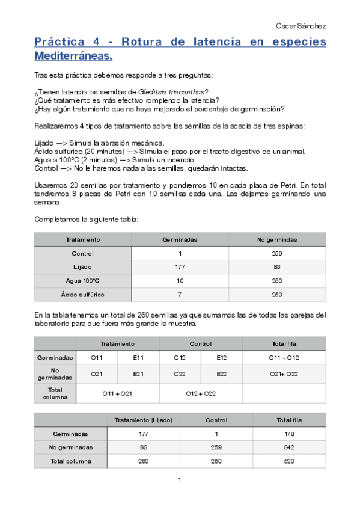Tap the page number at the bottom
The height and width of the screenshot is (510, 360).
pos(179,480)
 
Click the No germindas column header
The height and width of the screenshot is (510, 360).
pos(276,239)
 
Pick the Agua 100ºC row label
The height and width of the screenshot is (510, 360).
pos(82,281)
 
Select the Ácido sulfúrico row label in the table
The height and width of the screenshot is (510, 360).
pos(82,295)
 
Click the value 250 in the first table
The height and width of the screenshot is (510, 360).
pos(276,281)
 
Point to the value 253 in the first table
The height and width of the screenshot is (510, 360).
pos(276,295)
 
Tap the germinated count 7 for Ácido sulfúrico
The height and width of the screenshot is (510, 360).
pos(180,295)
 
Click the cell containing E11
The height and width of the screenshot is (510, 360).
pos(138,357)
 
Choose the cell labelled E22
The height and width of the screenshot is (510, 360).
pos(221,374)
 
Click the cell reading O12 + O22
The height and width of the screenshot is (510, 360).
pos(201,393)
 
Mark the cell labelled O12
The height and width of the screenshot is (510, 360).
pos(180,357)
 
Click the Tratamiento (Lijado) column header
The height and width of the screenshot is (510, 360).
pos(143,420)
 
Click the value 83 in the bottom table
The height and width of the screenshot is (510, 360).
pos(143,447)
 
